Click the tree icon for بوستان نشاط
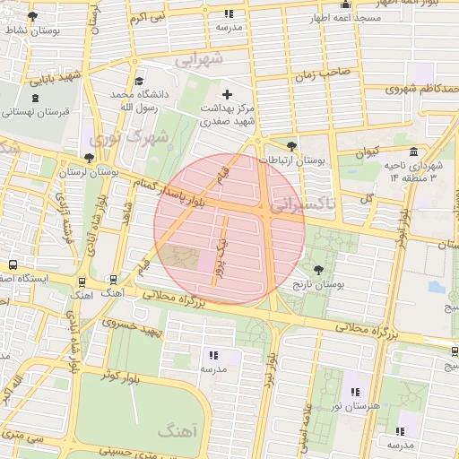click(33, 17)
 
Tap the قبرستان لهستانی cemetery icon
click(35, 98)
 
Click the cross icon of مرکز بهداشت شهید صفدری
click(227, 94)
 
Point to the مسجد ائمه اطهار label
click(345, 18)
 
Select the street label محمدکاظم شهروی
click(422, 89)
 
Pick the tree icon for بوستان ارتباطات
click(290, 145)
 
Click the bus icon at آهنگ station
click(113, 280)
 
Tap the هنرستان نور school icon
click(355, 392)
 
